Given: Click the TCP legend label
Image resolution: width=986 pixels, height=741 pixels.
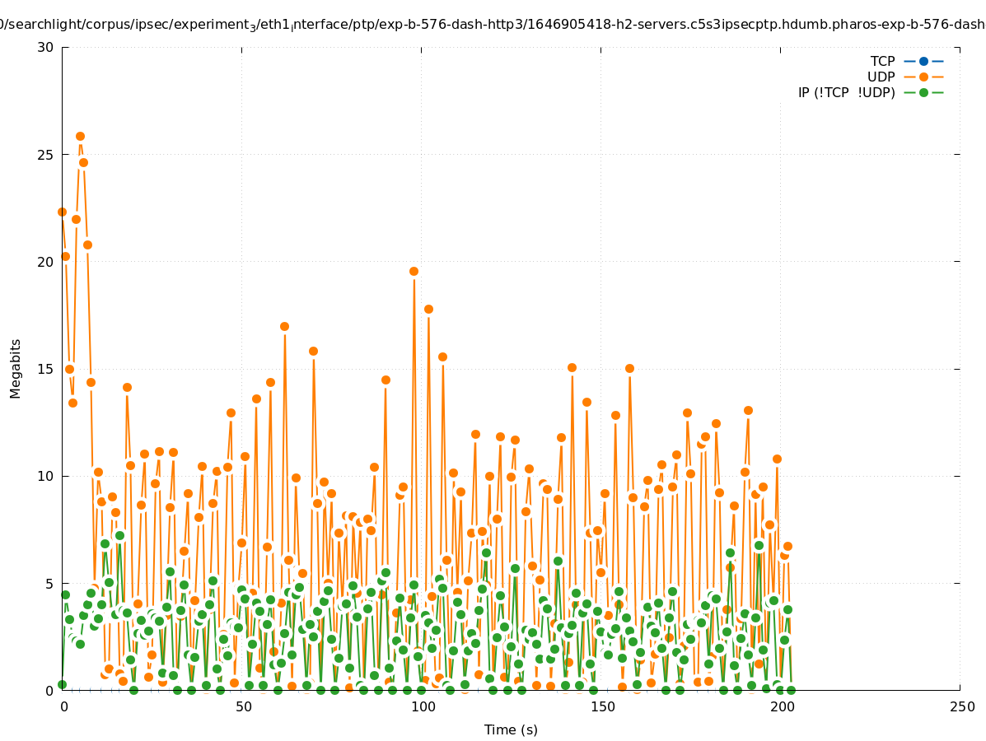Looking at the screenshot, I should (x=882, y=61).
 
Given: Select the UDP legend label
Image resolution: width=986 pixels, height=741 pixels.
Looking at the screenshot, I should (x=881, y=77).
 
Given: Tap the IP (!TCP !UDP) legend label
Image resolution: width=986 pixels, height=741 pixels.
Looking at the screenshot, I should (x=846, y=92).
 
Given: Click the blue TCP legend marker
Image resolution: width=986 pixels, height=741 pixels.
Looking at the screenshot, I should (x=923, y=61).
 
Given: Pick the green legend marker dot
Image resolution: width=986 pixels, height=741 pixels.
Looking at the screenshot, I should (x=923, y=92).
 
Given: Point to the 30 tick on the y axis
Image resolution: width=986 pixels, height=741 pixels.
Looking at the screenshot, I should (x=46, y=47).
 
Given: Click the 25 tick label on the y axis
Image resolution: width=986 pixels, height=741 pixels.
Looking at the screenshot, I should (x=46, y=155).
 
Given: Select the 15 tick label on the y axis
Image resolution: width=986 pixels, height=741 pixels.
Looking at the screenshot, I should (x=46, y=369).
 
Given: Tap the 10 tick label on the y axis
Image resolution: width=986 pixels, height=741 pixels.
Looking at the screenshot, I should (x=46, y=476).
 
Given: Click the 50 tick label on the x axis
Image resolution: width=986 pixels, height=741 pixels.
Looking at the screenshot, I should (x=243, y=706).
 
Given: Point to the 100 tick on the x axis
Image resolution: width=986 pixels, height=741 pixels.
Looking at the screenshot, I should (x=423, y=706).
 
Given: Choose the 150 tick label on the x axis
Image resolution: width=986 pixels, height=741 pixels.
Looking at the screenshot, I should (x=602, y=706).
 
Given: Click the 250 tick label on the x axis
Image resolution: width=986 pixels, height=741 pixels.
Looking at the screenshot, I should (x=961, y=706).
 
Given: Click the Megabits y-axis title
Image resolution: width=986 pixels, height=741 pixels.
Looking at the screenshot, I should (x=16, y=368).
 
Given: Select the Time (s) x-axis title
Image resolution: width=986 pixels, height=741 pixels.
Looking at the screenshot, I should (x=511, y=729).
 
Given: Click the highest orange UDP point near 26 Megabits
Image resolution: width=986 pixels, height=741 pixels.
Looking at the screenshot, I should (x=80, y=136).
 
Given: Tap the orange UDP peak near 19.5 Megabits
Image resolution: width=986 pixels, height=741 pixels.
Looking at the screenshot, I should (x=414, y=271).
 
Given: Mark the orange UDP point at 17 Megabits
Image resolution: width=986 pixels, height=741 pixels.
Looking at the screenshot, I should (x=284, y=326).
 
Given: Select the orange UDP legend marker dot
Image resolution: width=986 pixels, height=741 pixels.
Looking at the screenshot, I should (x=923, y=77).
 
